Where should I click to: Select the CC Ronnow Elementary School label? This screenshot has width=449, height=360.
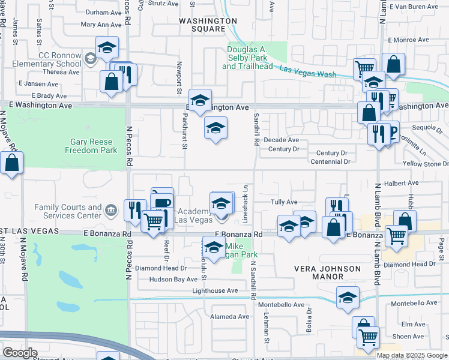[50, 59]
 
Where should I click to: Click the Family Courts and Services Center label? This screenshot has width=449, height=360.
[68, 211]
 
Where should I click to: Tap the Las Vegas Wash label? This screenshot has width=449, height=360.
[307, 71]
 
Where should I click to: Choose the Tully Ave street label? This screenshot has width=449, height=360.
[284, 203]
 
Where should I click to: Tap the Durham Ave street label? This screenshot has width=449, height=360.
[104, 12]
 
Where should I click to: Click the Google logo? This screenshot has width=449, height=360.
[20, 353]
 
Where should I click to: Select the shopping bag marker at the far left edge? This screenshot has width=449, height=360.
[12, 163]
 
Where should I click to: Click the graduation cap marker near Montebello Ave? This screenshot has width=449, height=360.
[348, 298]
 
